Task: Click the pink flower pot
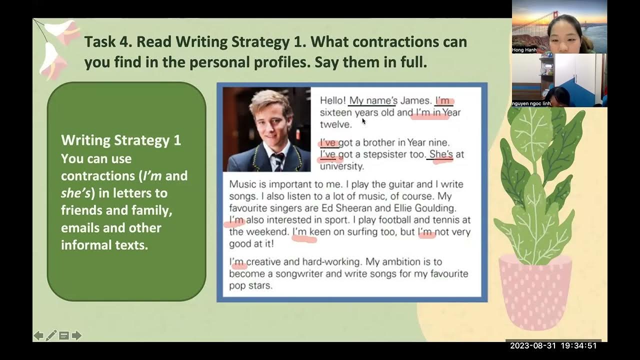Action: (535, 292)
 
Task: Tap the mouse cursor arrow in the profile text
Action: (363, 120)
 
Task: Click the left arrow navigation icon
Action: (38, 335)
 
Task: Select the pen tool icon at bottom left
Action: (51, 335)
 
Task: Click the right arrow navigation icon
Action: (76, 335)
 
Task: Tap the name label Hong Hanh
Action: (524, 50)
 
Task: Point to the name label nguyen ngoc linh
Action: (530, 103)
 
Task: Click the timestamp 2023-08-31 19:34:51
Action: (553, 345)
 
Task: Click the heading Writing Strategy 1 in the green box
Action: (121, 140)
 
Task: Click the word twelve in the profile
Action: (336, 124)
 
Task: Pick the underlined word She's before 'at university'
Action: (440, 154)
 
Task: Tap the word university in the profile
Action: (342, 166)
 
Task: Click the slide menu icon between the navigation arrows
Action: (64, 335)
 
